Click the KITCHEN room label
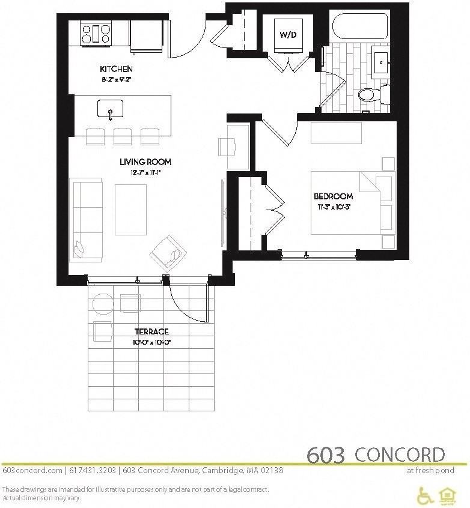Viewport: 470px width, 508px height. tap(117, 70)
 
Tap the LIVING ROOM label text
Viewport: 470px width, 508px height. tap(145, 162)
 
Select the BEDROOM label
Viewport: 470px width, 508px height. tap(333, 196)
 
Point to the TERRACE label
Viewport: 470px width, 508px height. tap(151, 331)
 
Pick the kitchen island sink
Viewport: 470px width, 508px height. tap(111, 109)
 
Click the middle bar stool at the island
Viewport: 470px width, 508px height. tap(123, 136)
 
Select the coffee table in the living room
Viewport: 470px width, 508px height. tap(130, 209)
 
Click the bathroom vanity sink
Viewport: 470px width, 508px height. tap(381, 62)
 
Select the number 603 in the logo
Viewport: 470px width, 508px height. tap(326, 456)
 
